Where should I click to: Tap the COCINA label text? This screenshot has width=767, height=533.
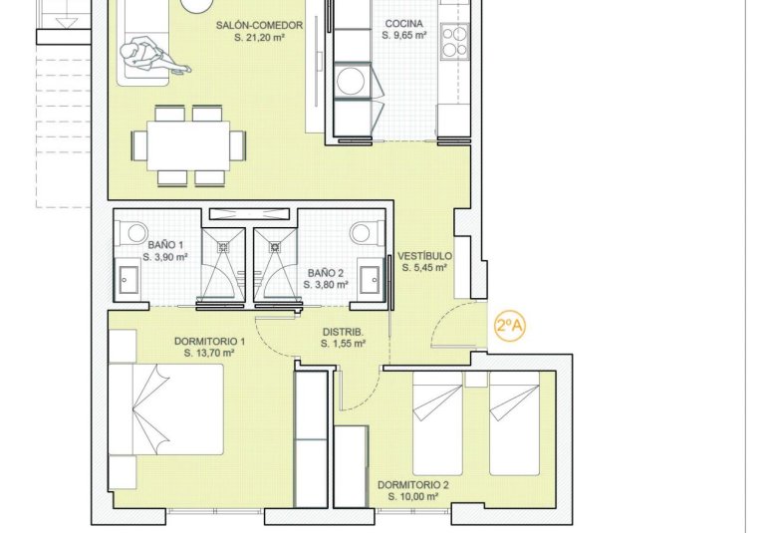(403, 23)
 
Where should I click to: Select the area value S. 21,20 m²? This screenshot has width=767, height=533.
(258, 35)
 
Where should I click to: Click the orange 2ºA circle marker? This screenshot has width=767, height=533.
(510, 325)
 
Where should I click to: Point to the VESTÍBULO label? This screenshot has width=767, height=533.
(424, 255)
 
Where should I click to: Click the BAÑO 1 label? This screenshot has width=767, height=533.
(165, 244)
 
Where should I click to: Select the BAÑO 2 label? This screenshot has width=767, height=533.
(326, 272)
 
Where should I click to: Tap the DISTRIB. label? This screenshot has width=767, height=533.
(342, 332)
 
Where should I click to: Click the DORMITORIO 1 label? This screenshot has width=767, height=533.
(209, 341)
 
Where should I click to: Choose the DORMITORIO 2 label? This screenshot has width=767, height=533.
(412, 485)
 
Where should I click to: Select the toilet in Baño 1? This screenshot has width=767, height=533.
(133, 232)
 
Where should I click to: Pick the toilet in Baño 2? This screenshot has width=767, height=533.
(363, 232)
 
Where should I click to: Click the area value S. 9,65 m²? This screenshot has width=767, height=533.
(403, 35)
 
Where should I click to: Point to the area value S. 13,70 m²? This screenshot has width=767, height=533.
(209, 353)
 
